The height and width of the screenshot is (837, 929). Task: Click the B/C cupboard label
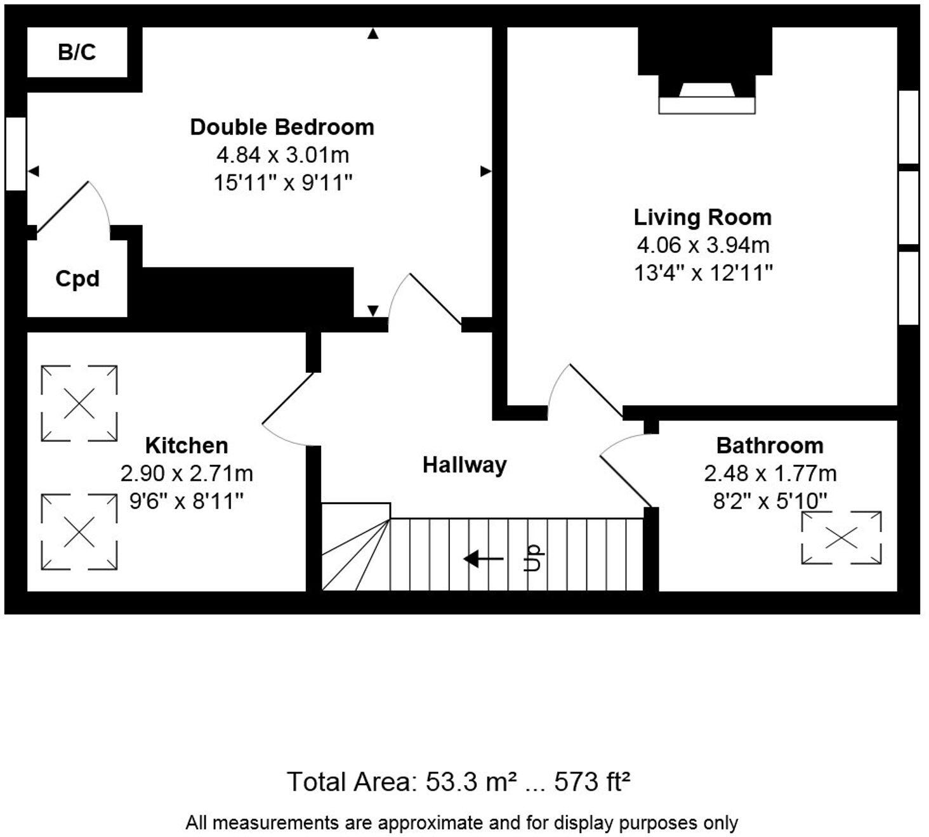[77, 52]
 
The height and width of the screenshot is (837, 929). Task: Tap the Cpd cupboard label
[77, 279]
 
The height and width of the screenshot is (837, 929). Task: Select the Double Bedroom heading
[282, 127]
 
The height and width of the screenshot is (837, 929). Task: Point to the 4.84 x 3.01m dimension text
[282, 155]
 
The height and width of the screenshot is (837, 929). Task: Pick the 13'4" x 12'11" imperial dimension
[703, 273]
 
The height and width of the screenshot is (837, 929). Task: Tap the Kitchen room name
[187, 446]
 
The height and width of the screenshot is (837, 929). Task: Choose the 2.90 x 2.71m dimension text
[187, 473]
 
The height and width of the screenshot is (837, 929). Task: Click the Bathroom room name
[770, 446]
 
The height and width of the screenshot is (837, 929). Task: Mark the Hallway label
[464, 465]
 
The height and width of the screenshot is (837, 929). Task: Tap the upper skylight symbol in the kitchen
[79, 403]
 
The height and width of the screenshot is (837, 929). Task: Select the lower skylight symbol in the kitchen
[79, 532]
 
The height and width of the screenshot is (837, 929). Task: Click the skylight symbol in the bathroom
[841, 538]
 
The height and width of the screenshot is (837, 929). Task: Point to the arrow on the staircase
[484, 559]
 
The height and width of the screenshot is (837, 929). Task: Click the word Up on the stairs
[532, 558]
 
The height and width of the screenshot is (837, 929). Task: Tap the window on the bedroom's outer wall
[16, 153]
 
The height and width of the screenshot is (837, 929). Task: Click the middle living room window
[909, 207]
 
